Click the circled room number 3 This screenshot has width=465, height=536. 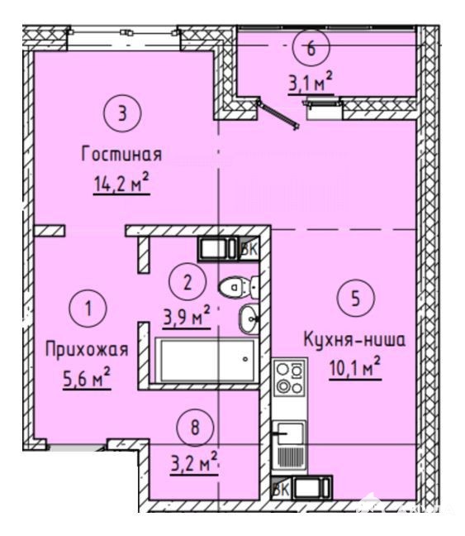[122, 113]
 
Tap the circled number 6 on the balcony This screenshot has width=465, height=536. [311, 48]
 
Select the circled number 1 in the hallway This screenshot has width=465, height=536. [88, 308]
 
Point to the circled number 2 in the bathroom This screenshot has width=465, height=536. [187, 282]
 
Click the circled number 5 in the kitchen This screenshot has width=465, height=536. [356, 298]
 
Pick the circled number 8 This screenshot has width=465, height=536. [195, 428]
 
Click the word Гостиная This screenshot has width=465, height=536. [121, 154]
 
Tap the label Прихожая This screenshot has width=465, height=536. [87, 350]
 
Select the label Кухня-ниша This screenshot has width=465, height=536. [354, 340]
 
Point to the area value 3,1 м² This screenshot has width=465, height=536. [311, 83]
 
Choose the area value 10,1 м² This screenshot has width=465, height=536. [355, 369]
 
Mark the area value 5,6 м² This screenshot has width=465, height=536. [87, 378]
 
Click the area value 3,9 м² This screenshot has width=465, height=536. [187, 318]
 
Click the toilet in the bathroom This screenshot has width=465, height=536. [239, 287]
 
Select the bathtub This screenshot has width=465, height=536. [207, 361]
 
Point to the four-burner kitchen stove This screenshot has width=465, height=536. [290, 378]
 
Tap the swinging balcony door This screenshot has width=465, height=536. [278, 113]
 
